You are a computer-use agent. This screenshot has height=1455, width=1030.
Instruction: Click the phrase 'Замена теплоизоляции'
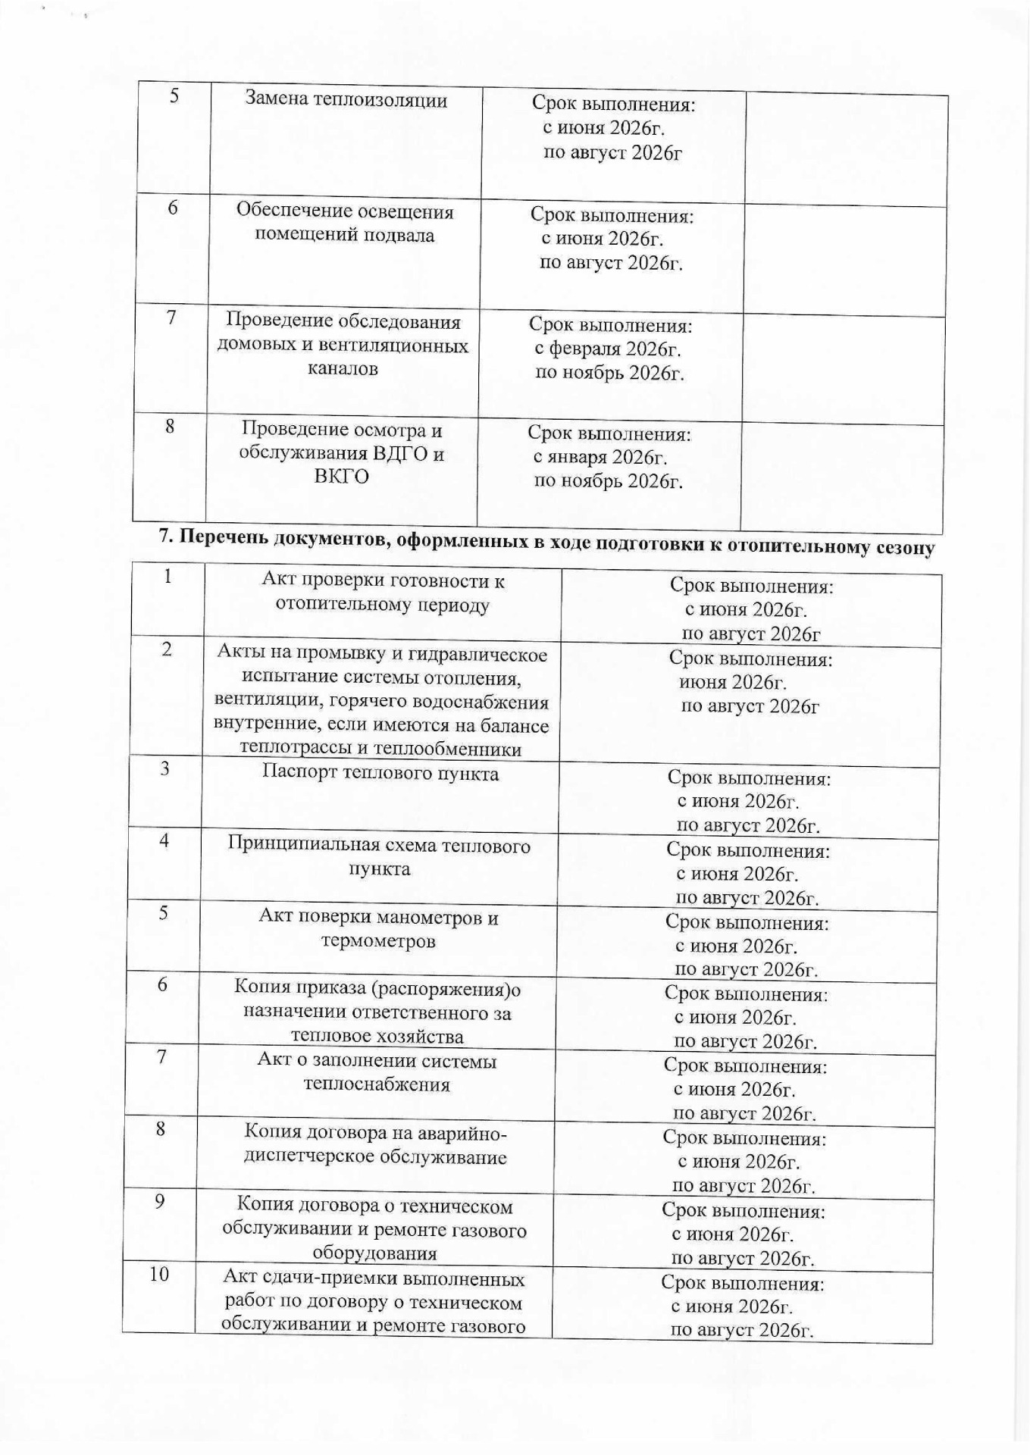click(x=346, y=100)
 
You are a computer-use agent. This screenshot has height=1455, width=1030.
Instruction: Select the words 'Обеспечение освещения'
click(x=345, y=211)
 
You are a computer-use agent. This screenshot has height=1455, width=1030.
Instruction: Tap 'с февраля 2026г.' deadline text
click(x=607, y=349)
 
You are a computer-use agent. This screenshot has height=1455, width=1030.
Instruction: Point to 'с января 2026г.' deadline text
click(x=600, y=458)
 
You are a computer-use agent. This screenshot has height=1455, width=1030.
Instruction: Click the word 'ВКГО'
click(x=341, y=477)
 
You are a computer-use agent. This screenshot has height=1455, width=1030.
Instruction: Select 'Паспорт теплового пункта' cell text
click(x=380, y=774)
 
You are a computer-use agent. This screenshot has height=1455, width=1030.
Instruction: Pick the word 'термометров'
click(x=378, y=942)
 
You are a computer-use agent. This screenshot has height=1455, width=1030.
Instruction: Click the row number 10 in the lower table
click(x=158, y=1275)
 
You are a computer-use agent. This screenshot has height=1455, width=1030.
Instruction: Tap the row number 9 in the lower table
click(x=159, y=1202)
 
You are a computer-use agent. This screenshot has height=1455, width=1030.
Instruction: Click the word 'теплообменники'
click(x=455, y=750)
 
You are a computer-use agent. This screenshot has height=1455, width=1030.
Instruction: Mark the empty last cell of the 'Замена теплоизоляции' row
click(x=846, y=149)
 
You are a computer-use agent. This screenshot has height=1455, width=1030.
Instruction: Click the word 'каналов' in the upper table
click(x=343, y=369)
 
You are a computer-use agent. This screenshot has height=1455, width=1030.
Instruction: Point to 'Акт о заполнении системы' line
click(x=377, y=1061)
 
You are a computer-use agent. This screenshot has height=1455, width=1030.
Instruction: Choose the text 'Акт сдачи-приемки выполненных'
click(x=374, y=1280)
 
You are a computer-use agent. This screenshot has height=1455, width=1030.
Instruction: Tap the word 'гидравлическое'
click(x=471, y=654)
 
